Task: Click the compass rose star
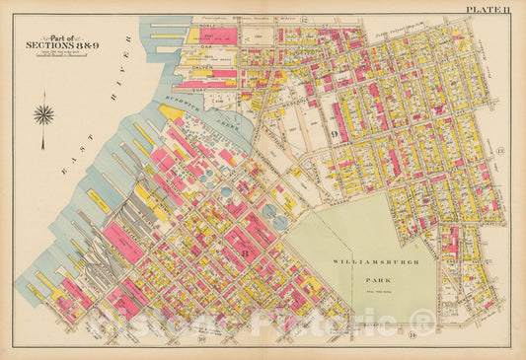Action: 43,113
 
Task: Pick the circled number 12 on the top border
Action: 305,21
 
